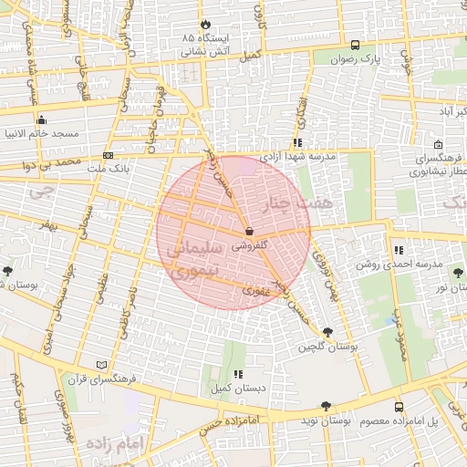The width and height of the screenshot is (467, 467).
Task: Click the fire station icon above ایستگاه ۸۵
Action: (205, 25)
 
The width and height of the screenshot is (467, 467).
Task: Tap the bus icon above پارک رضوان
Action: (355, 44)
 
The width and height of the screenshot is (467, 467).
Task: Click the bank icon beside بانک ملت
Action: (109, 155)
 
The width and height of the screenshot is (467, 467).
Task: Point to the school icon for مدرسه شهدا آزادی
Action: (297, 142)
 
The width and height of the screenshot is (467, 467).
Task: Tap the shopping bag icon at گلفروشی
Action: (249, 232)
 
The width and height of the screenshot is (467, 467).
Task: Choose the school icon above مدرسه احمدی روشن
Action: (399, 250)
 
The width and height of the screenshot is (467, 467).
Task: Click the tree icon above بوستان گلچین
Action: (327, 333)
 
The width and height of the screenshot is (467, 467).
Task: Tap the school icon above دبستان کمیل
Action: (238, 374)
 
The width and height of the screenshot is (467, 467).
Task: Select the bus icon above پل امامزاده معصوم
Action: (399, 407)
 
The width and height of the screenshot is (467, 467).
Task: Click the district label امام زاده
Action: (116, 442)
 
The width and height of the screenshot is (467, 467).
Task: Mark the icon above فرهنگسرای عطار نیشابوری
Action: (439, 144)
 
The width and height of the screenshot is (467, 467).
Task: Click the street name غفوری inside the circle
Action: (251, 290)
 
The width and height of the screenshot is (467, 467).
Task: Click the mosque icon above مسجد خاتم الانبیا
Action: (41, 119)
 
